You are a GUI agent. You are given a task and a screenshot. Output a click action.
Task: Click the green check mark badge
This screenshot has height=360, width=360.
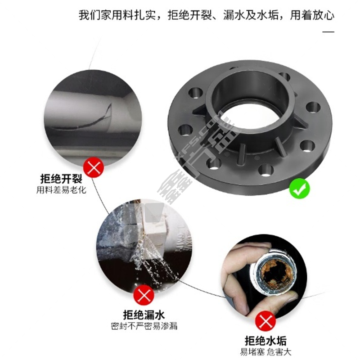point(299,189)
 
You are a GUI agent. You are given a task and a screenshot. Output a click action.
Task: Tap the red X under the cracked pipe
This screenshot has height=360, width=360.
point(94,167)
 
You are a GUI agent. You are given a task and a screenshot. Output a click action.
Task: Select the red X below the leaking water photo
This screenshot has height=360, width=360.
point(144,295)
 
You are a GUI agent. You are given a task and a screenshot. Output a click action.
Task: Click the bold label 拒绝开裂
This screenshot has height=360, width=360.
point(61,178)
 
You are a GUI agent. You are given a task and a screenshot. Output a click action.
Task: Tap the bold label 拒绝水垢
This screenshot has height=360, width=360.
point(265,341)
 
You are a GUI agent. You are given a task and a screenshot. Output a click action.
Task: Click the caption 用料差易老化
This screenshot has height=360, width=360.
point(61,190)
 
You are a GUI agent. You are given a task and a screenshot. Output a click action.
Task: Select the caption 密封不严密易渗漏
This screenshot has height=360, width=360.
point(144,326)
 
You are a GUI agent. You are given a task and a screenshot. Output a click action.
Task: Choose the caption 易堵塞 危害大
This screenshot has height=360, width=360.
point(265,352)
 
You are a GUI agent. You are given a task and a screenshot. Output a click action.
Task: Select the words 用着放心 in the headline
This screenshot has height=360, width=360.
point(312,15)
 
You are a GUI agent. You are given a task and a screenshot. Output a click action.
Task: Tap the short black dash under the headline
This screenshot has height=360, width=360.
point(328,31)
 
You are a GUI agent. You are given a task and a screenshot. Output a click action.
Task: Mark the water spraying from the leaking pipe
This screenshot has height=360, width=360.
point(152,260)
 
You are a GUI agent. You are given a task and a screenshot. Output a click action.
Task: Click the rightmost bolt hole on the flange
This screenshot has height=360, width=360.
point(313,107)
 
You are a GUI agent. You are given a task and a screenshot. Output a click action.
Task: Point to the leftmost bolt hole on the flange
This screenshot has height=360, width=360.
point(185,130)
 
